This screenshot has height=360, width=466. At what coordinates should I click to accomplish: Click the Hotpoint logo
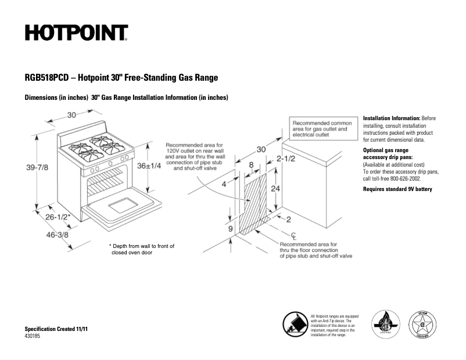[76, 33]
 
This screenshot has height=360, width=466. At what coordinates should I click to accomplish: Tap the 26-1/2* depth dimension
[58, 217]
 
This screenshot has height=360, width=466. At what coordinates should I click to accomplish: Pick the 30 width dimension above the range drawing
[72, 114]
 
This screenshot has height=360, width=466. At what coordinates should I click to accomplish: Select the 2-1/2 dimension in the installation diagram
[288, 159]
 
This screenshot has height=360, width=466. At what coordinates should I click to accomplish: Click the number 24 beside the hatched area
[276, 189]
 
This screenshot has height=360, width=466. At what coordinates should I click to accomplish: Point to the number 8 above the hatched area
[251, 165]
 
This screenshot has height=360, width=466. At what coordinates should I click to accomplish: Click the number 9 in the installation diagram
[230, 229]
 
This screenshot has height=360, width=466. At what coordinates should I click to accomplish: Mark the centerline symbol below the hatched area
[294, 234]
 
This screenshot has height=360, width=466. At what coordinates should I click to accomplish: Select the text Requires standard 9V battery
[397, 189]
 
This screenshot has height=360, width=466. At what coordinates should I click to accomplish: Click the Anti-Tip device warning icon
[295, 323]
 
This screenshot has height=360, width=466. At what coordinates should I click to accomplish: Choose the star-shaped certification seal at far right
[426, 324]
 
